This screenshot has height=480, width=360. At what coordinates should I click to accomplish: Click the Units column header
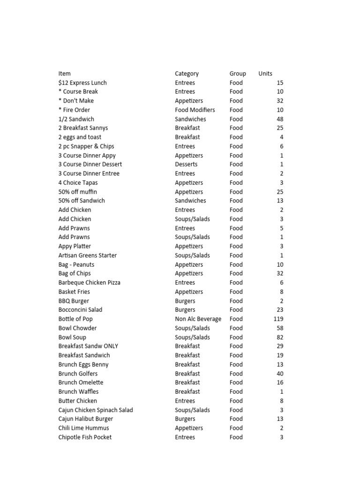pyautogui.click(x=265, y=74)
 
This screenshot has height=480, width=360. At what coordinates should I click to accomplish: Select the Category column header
pyautogui.click(x=187, y=74)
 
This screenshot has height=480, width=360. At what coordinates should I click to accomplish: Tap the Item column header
pyautogui.click(x=65, y=74)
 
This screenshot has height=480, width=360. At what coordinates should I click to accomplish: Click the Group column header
pyautogui.click(x=238, y=74)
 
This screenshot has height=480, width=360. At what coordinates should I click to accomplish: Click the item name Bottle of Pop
pyautogui.click(x=75, y=319)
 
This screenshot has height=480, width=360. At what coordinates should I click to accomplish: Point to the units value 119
pyautogui.click(x=278, y=319)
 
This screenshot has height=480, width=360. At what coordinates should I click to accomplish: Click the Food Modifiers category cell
pyautogui.click(x=195, y=110)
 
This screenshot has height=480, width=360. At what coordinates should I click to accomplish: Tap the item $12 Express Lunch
pyautogui.click(x=80, y=83)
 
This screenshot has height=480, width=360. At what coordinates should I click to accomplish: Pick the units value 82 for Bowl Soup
pyautogui.click(x=279, y=337)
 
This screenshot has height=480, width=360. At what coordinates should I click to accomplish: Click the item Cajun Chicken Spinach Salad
pyautogui.click(x=96, y=410)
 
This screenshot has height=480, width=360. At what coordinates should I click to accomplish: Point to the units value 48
pyautogui.click(x=279, y=119)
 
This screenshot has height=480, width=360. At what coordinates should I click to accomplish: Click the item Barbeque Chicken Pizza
pyautogui.click(x=89, y=283)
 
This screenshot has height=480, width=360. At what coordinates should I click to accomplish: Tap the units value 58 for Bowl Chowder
pyautogui.click(x=279, y=328)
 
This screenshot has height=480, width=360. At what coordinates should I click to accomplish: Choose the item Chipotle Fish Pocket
pyautogui.click(x=85, y=437)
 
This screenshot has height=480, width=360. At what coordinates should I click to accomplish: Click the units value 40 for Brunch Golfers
pyautogui.click(x=279, y=374)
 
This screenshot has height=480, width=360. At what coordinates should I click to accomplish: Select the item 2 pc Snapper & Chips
pyautogui.click(x=86, y=146)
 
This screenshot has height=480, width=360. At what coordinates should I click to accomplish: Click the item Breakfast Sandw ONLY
pyautogui.click(x=88, y=346)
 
